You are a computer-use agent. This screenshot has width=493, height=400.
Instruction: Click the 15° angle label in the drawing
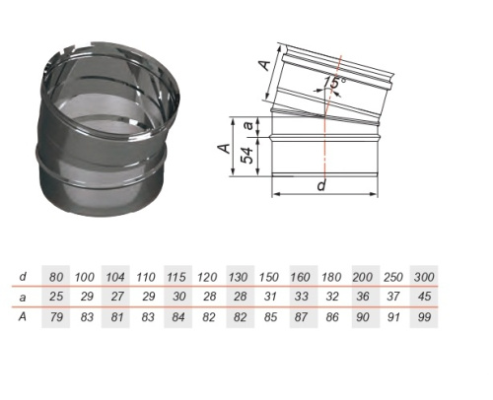334,82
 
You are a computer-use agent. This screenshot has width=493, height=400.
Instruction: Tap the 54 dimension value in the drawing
247,156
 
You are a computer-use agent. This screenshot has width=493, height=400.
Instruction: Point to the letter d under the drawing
321,185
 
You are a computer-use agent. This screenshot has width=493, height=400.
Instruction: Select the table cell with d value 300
424,277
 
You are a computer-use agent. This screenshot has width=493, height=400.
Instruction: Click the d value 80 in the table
56,277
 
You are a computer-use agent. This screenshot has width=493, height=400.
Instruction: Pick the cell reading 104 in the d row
115,277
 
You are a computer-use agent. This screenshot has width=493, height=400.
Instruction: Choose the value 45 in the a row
424,297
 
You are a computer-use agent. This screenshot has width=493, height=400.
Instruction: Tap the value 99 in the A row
424,317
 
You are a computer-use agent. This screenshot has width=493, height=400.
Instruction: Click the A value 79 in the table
56,317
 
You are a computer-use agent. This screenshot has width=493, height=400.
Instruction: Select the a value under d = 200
363,297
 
